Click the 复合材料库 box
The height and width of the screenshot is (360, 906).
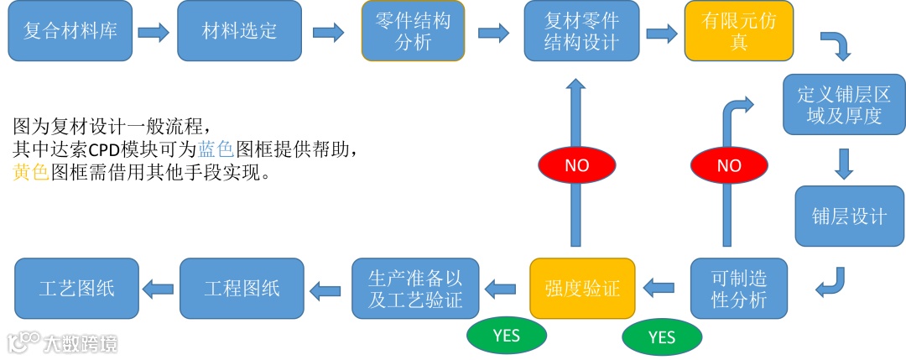tap(70, 32)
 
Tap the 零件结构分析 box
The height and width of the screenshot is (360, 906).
tap(413, 32)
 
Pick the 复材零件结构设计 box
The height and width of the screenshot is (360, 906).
tap(581, 32)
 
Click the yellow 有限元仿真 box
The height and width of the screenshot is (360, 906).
tap(738, 32)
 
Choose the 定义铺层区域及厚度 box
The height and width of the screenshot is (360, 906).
tap(844, 104)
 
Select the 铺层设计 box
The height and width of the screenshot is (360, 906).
tap(849, 217)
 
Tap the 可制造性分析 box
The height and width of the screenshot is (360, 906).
tap(739, 288)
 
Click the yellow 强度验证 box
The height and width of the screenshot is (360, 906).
tap(582, 288)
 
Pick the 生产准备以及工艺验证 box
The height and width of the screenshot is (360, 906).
tap(414, 288)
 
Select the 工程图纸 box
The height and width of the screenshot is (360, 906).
tap(242, 288)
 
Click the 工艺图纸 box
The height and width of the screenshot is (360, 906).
tap(76, 288)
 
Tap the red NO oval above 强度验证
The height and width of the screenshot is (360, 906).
tap(576, 165)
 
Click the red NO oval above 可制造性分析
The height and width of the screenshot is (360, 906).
tap(729, 165)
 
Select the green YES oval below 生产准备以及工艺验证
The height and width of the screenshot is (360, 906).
tap(507, 336)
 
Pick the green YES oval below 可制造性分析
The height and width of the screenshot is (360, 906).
tap(662, 337)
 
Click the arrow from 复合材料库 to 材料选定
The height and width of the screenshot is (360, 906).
tap(154, 33)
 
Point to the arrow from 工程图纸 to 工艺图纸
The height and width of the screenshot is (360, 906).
tap(158, 289)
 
